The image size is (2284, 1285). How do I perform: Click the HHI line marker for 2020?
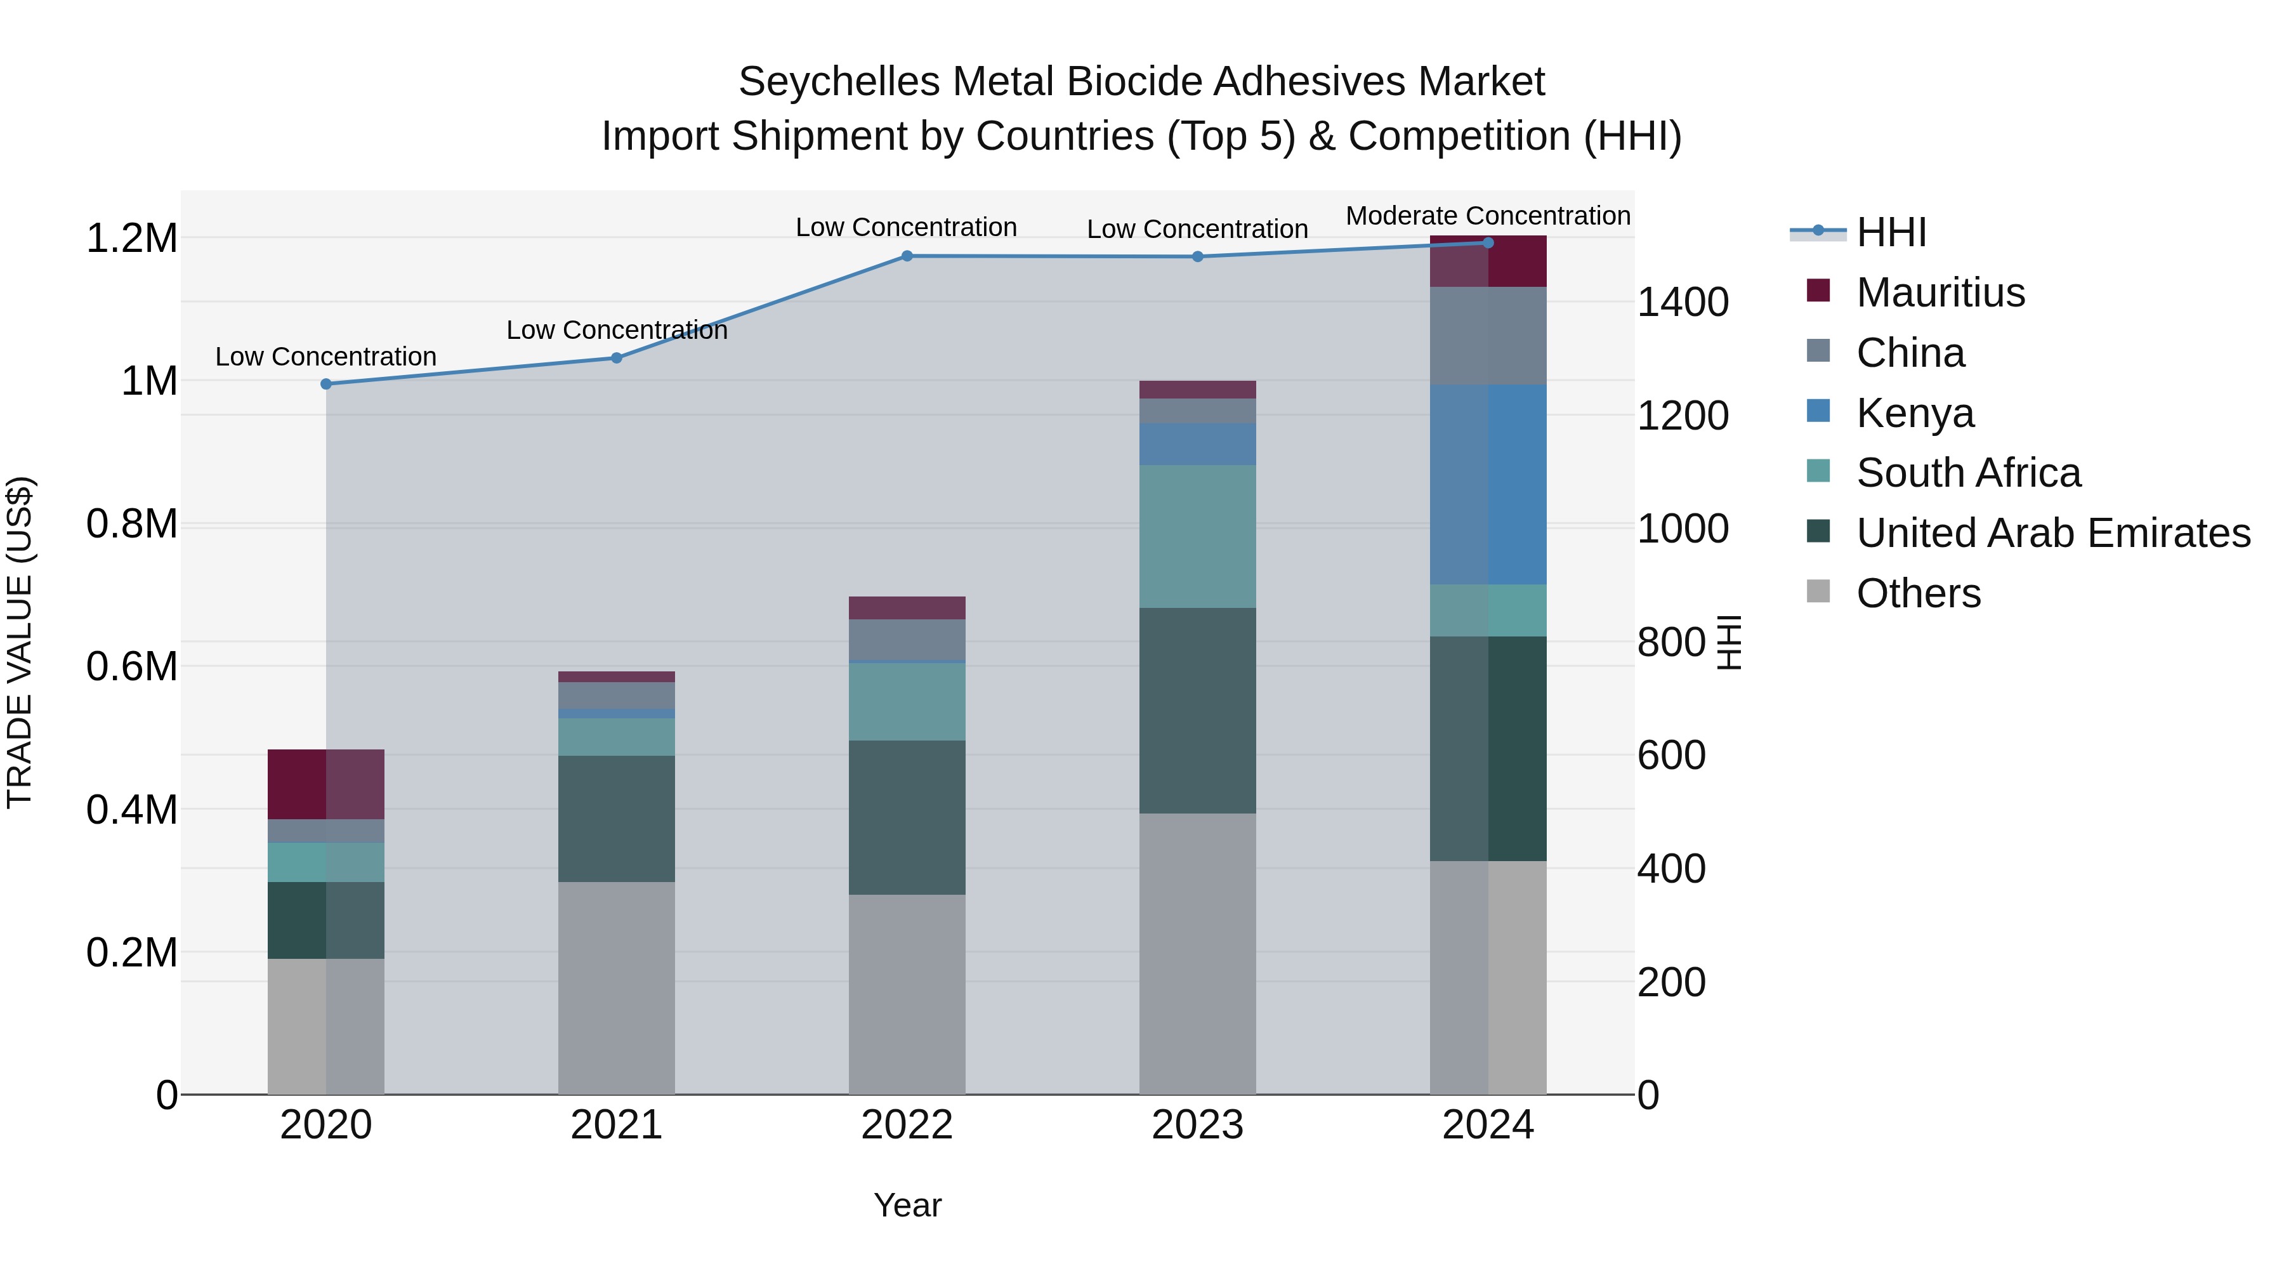point(326,384)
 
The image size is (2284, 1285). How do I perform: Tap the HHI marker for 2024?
point(1488,243)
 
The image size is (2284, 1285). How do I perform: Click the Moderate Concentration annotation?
point(1488,216)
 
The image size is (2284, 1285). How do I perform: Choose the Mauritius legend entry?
point(1940,293)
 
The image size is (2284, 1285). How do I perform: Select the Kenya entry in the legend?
point(1915,413)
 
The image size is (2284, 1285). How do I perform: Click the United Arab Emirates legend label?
point(2052,533)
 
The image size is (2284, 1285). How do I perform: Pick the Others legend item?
point(1918,593)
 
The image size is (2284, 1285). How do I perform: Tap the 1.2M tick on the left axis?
point(131,239)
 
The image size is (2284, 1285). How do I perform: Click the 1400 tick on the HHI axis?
point(1682,303)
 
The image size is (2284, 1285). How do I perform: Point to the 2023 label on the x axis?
point(1197,1125)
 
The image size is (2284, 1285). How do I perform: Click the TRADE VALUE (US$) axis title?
point(20,642)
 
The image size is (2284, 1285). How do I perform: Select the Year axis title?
point(907,1205)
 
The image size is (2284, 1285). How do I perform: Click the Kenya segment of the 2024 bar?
point(1488,484)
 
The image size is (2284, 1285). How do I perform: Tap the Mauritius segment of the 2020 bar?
point(326,784)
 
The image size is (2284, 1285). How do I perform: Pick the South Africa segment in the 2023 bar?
point(1197,536)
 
